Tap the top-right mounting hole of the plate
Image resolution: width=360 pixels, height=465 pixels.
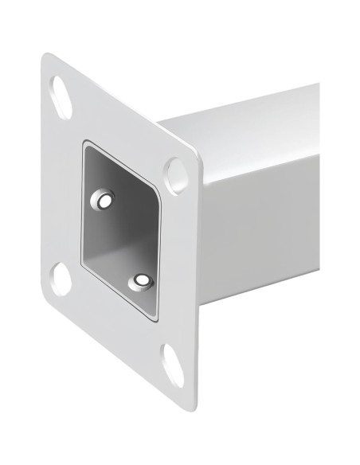pyautogui.click(x=173, y=170)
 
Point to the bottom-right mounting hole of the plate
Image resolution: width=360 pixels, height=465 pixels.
pyautogui.click(x=172, y=363)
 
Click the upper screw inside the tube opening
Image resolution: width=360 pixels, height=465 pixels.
pyautogui.click(x=103, y=200)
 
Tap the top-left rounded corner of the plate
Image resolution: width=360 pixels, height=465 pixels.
pyautogui.click(x=48, y=60)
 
